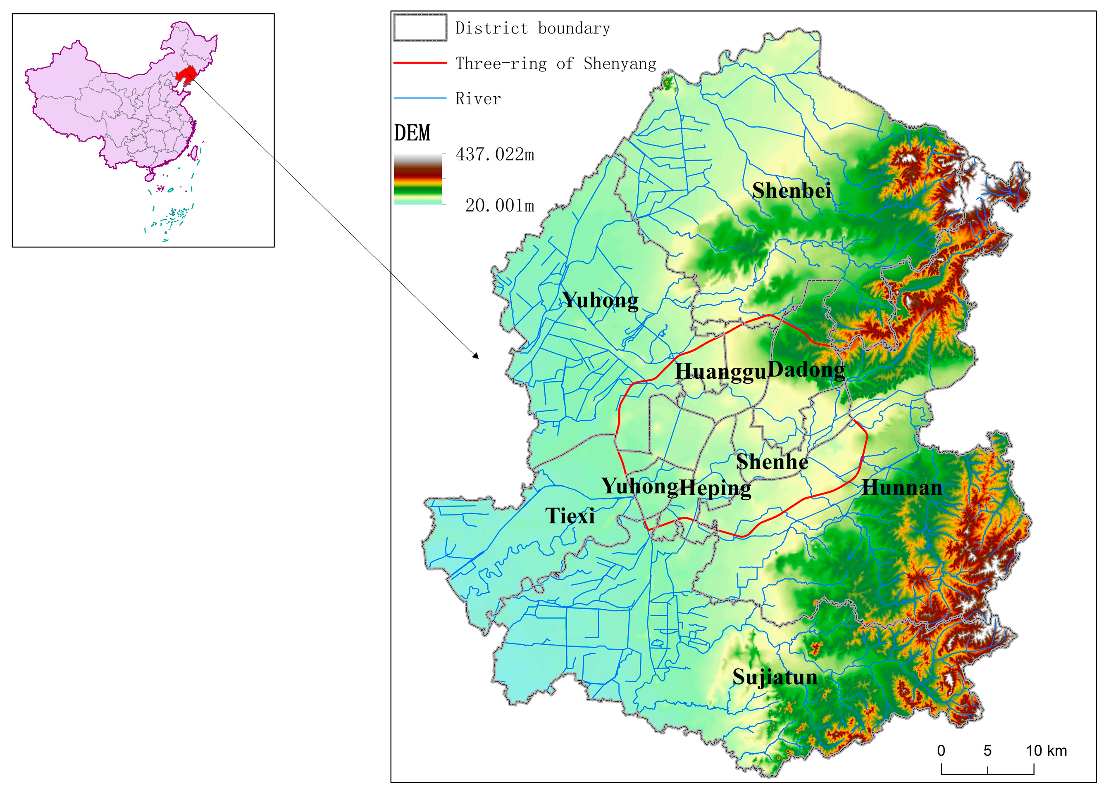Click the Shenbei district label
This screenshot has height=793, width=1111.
click(791, 190)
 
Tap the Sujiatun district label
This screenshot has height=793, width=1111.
click(775, 677)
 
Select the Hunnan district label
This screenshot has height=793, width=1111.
click(902, 487)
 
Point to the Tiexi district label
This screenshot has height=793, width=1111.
click(570, 515)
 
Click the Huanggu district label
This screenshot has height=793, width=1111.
click(720, 371)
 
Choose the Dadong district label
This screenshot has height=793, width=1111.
click(806, 370)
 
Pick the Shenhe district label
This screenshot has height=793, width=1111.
click(772, 461)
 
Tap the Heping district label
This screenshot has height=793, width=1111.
click(715, 487)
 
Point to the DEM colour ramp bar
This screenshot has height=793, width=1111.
click(418, 179)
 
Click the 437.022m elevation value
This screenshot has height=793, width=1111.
click(494, 154)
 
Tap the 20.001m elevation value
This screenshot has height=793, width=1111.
click(499, 205)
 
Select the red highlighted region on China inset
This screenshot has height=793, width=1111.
click(185, 75)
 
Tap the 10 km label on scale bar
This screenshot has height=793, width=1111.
click(1046, 750)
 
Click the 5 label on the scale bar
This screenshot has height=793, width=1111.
click(987, 750)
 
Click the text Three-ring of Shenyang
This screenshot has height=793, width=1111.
click(555, 64)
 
